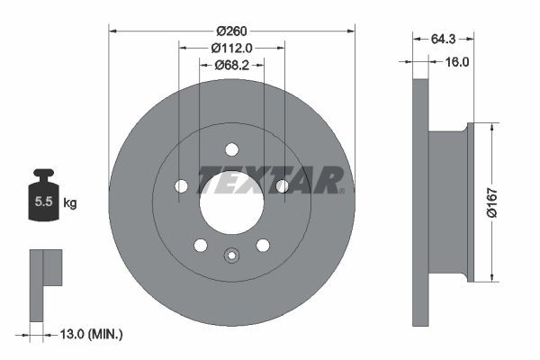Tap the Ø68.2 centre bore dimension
(231, 66)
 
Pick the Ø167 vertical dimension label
(490, 202)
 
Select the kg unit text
(70, 203)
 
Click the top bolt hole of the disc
(231, 149)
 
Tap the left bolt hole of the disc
(181, 186)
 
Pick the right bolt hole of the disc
(282, 186)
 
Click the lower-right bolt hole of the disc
(263, 245)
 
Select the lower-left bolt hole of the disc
(200, 245)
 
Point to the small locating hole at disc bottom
(231, 256)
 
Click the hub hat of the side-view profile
(450, 202)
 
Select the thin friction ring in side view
(419, 202)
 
